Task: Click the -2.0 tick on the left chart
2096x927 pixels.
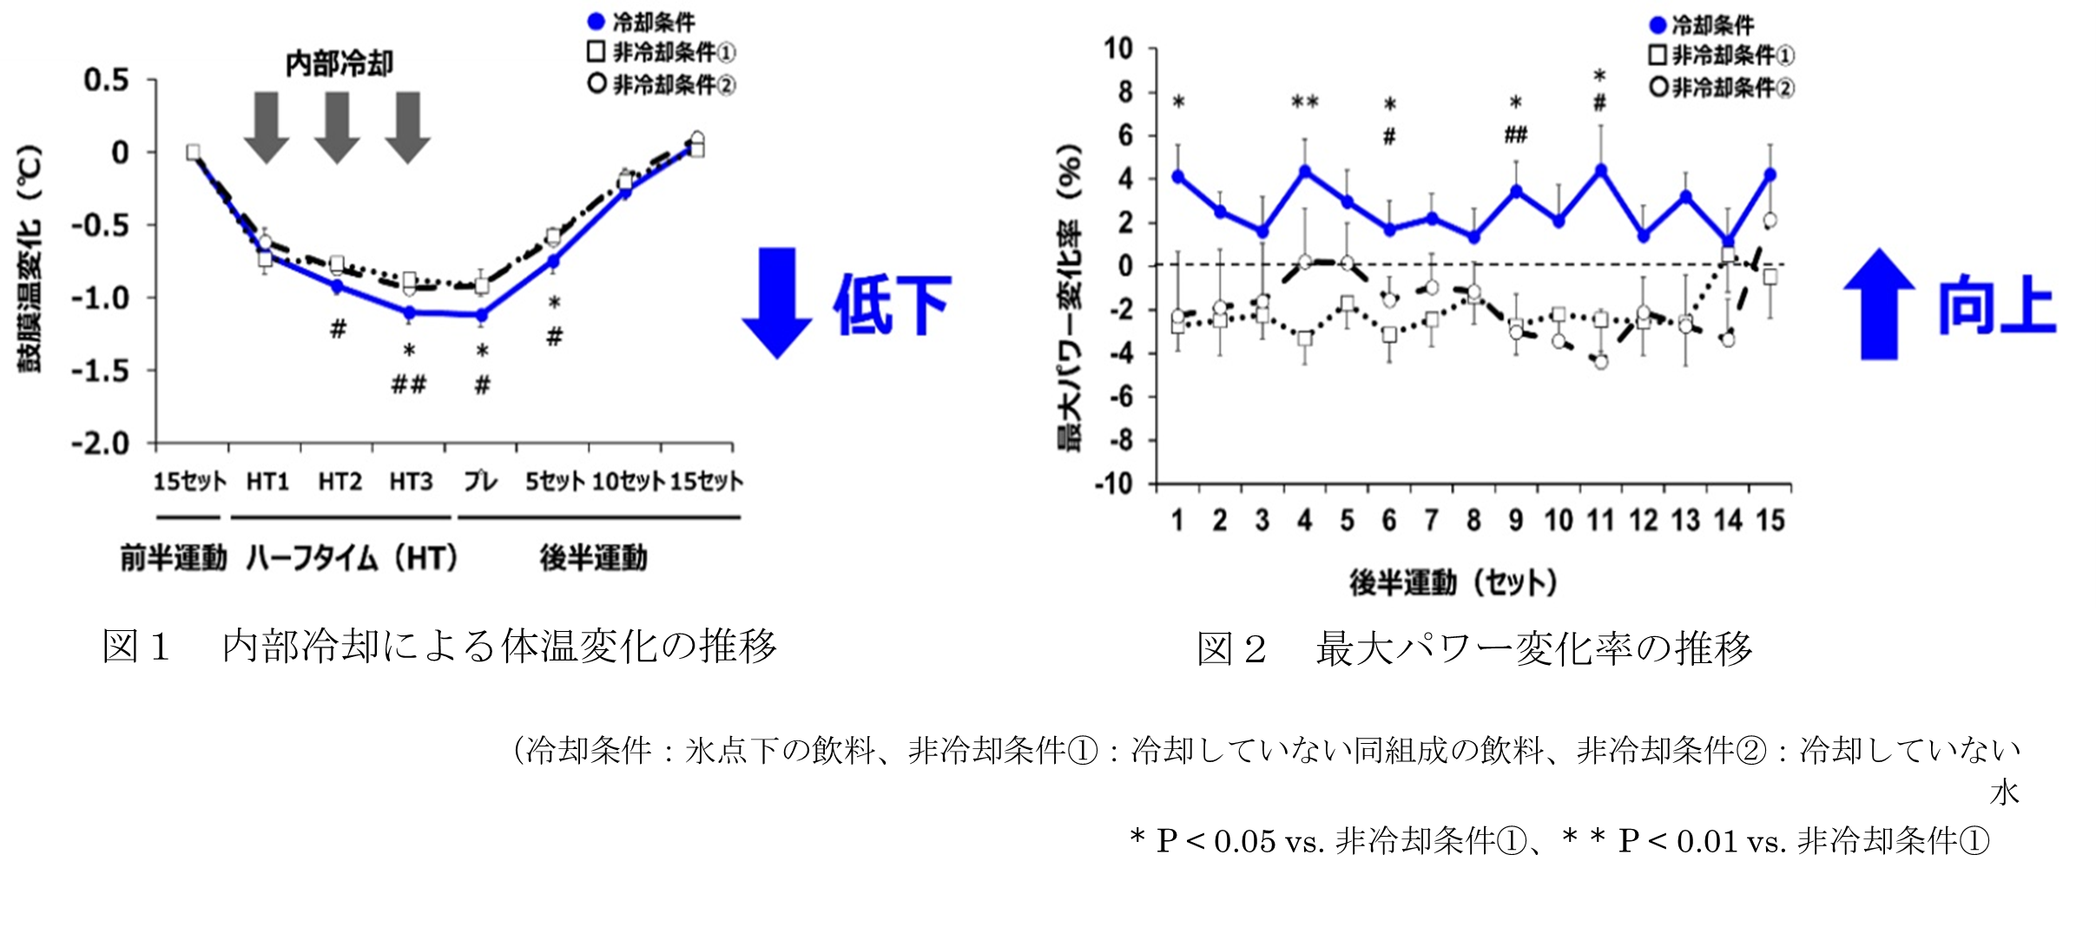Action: point(100,444)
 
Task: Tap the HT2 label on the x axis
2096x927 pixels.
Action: point(339,482)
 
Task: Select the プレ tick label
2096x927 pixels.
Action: point(480,482)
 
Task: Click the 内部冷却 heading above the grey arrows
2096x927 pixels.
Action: point(339,64)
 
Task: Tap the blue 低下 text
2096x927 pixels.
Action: point(893,305)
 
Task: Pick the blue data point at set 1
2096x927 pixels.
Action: point(1178,176)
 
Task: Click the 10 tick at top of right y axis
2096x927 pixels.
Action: point(1119,49)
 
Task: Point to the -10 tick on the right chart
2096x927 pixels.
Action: point(1114,483)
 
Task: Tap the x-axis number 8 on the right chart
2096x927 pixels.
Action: point(1473,521)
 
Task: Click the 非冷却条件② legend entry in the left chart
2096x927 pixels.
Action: point(662,85)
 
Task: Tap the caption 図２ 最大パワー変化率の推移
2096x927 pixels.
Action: point(1473,648)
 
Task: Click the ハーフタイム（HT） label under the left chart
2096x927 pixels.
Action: point(352,558)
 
